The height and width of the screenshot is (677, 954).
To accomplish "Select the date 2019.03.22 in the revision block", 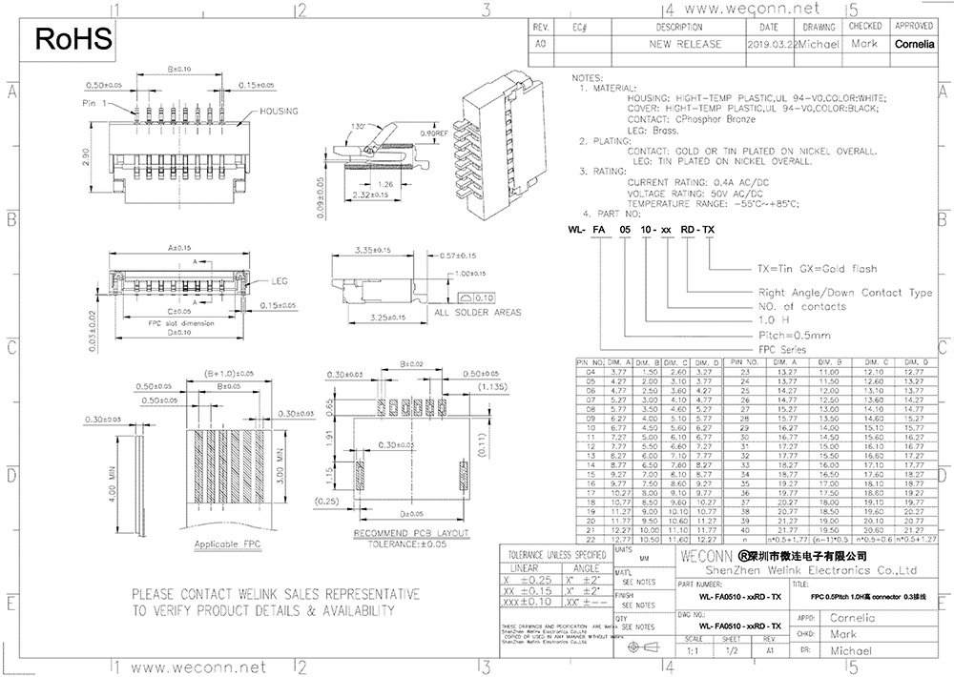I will click(770, 44).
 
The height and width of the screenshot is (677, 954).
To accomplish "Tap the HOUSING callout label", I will click(280, 112).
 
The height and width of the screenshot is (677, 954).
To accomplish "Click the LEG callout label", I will click(280, 282).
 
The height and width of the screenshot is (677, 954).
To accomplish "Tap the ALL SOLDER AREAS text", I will click(477, 312).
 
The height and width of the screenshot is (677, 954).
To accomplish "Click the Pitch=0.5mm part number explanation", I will click(794, 335).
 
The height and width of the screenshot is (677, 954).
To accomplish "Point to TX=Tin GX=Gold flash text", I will click(817, 269).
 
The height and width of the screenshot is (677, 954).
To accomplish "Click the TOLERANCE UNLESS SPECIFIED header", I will click(556, 554).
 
